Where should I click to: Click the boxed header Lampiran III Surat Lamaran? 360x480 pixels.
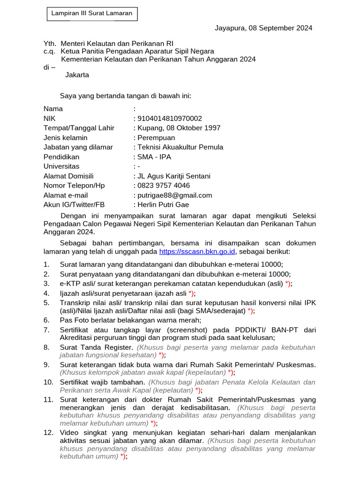point(91,14)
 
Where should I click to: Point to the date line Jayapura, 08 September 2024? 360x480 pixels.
point(263,28)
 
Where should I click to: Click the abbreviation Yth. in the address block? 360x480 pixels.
point(50,43)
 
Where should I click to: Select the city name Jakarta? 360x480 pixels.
point(77,75)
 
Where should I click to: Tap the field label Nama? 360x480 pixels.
point(53,109)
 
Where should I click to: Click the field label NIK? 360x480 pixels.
point(49,119)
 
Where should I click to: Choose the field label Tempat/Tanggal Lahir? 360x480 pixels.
point(79,128)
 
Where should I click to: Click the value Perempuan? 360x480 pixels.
point(156,138)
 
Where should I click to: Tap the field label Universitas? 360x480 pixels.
point(61,166)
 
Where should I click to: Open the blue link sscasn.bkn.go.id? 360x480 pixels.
point(197,252)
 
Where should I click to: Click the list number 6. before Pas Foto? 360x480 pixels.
point(46,321)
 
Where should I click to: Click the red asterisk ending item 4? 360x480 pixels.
point(190,294)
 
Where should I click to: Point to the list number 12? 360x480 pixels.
point(48,432)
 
